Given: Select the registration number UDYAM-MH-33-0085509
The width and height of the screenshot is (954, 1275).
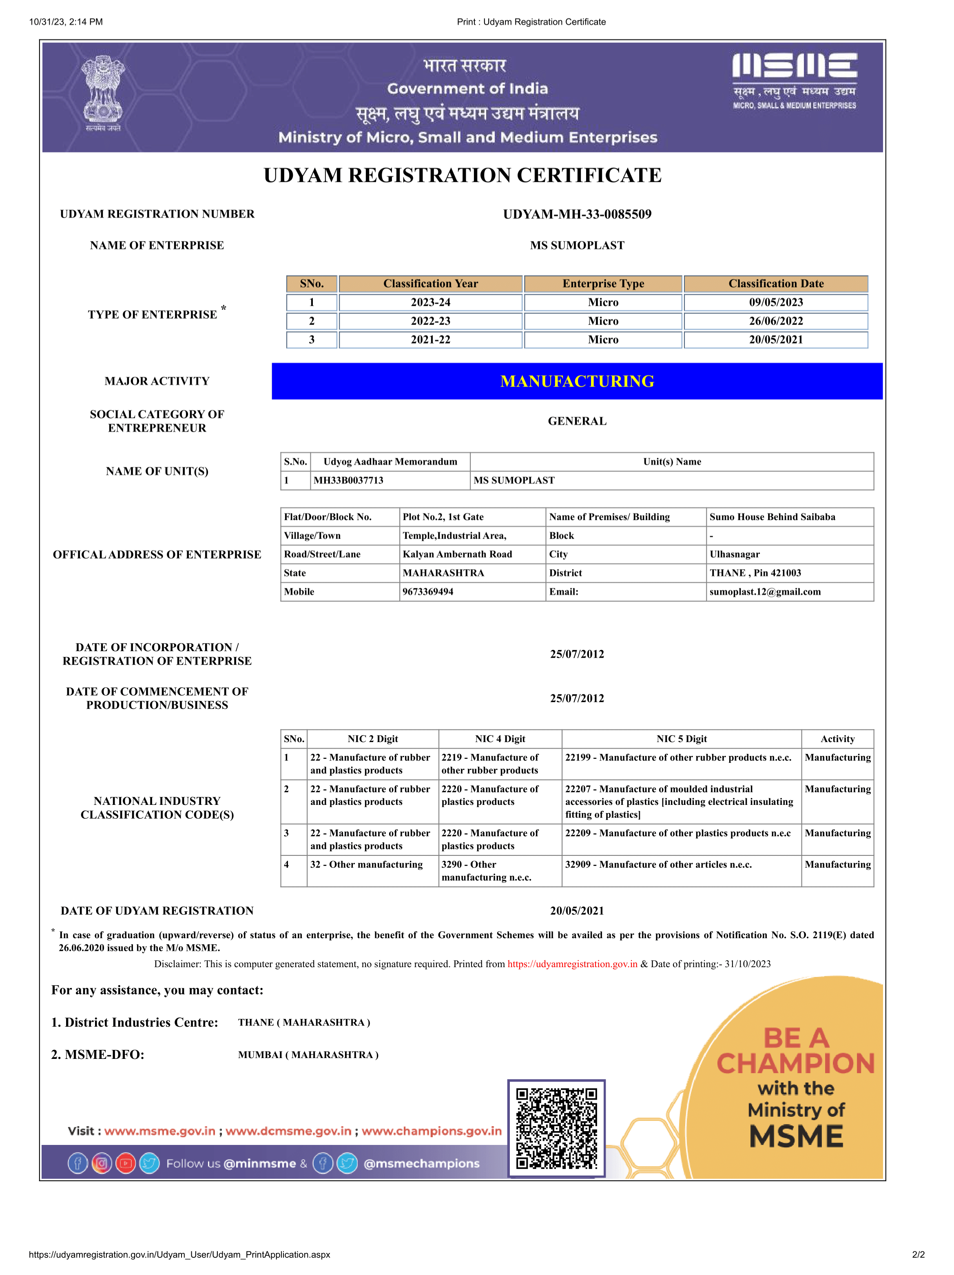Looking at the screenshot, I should pyautogui.click(x=577, y=214).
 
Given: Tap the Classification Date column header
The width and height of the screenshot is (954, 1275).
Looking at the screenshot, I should pyautogui.click(x=776, y=284).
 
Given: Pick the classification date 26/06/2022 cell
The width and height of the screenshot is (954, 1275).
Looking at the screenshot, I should pyautogui.click(x=776, y=321).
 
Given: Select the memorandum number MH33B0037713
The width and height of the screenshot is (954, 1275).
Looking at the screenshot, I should pyautogui.click(x=348, y=481).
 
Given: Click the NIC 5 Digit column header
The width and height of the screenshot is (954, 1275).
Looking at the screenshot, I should pyautogui.click(x=682, y=739).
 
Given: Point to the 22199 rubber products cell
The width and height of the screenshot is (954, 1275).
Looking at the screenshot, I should pyautogui.click(x=678, y=758).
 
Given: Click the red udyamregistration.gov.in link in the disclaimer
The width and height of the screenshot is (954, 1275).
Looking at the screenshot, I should pyautogui.click(x=572, y=964).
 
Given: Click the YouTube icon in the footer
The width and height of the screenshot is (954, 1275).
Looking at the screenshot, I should pyautogui.click(x=126, y=1163).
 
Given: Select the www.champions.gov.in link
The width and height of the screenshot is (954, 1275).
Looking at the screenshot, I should pyautogui.click(x=432, y=1131).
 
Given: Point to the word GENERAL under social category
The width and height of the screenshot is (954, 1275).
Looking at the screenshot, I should pyautogui.click(x=577, y=421).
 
